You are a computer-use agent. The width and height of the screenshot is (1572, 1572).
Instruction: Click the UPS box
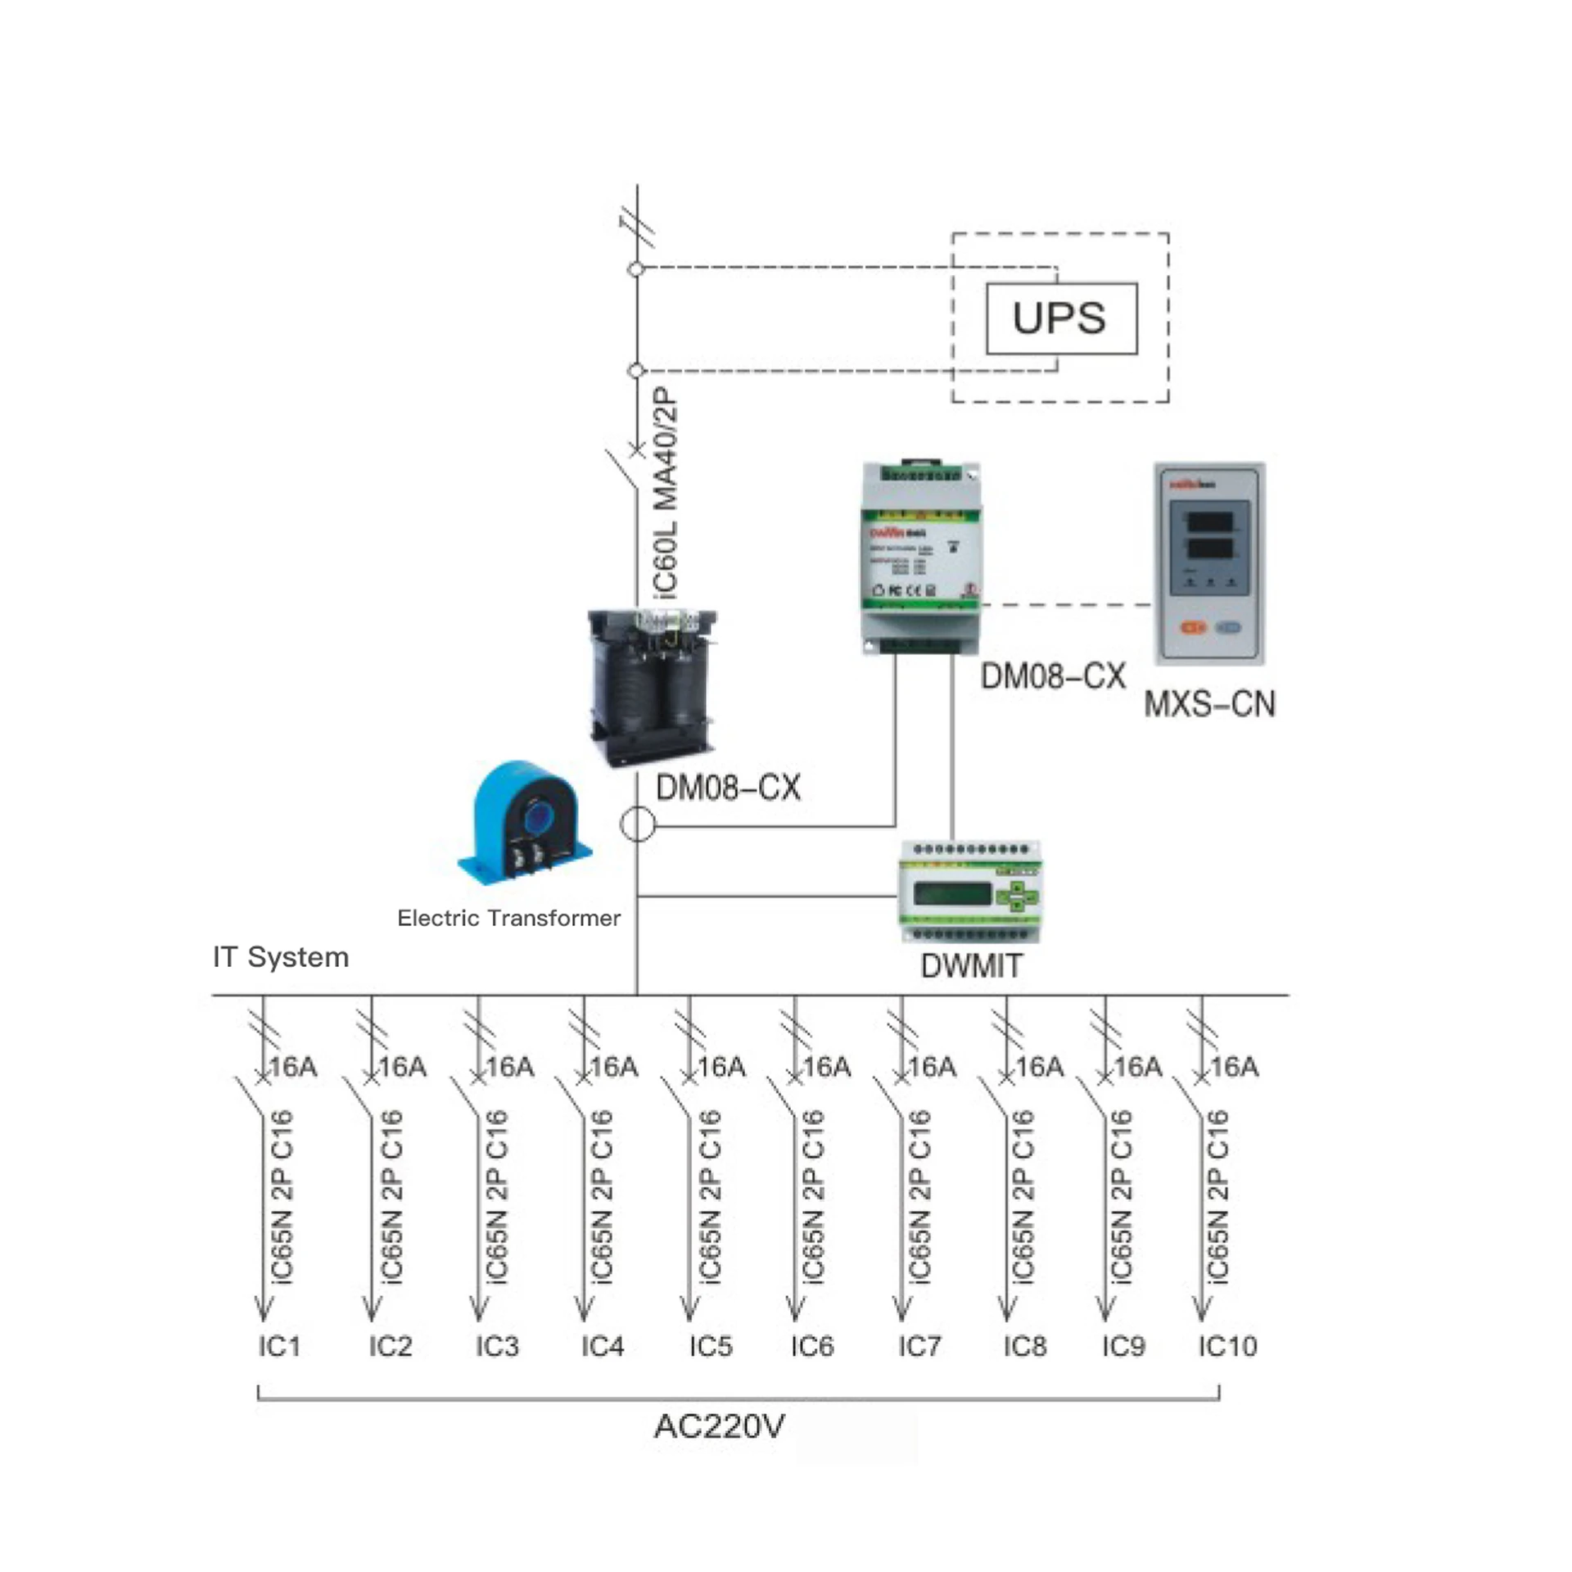[1061, 318]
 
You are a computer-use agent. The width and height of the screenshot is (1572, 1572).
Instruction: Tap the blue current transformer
[526, 823]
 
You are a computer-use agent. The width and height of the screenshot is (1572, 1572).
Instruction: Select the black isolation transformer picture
[653, 688]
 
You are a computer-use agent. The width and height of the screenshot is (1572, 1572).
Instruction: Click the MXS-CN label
[1209, 704]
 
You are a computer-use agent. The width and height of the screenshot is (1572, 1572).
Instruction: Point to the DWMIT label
[971, 966]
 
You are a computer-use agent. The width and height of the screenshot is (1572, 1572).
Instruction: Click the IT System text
[281, 957]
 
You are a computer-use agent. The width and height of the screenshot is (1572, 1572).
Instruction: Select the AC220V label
[719, 1426]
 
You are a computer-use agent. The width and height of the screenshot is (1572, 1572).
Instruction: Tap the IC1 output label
[279, 1346]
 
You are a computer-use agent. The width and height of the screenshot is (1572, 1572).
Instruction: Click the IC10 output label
[1227, 1346]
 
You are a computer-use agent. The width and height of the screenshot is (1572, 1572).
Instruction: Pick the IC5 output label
[711, 1346]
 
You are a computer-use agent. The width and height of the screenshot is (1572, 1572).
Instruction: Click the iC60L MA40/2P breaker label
[666, 491]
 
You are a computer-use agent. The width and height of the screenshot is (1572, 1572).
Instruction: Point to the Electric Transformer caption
[508, 918]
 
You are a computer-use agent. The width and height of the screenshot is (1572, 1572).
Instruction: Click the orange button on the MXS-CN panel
[1193, 628]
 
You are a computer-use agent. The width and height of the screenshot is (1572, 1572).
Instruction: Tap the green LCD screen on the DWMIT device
[952, 894]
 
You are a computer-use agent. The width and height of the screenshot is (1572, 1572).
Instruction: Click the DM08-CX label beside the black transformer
[728, 788]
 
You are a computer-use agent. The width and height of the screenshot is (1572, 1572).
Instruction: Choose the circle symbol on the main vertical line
[638, 824]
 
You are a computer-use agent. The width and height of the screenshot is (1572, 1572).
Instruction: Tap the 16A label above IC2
[403, 1067]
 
